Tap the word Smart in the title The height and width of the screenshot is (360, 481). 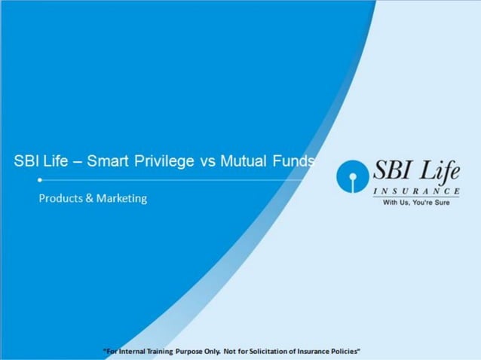109,162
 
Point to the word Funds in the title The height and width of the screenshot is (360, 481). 296,162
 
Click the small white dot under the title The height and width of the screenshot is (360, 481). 39,181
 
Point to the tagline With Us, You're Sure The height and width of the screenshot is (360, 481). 416,203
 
